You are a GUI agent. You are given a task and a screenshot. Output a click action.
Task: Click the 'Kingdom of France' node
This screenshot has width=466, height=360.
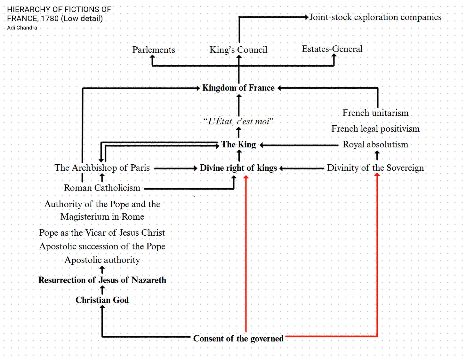[x=238, y=88]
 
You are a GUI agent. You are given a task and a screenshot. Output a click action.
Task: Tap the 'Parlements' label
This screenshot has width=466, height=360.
[x=154, y=50]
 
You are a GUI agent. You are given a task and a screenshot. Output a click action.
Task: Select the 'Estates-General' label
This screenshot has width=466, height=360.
[x=332, y=49]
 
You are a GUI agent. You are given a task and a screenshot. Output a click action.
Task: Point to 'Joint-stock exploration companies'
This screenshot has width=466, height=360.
[x=375, y=17]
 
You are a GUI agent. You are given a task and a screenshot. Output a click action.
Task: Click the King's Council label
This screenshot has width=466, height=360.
[x=238, y=50]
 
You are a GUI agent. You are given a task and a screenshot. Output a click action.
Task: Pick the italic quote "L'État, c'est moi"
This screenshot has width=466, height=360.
[x=238, y=121]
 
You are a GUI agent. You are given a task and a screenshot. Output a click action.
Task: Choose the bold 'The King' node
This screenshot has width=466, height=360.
[x=238, y=145]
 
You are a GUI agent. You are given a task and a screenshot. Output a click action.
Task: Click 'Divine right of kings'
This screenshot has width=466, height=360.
[x=238, y=168]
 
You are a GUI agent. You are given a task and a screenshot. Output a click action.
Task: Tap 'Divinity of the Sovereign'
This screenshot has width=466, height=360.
[x=375, y=168]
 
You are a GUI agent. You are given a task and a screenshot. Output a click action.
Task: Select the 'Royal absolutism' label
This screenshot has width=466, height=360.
[x=375, y=145]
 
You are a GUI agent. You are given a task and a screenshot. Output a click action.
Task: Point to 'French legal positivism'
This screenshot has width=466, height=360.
[x=375, y=129]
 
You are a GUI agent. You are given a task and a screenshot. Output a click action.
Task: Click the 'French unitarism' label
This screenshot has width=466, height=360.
[x=375, y=113]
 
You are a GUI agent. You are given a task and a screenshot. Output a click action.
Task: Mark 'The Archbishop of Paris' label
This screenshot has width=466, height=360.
[x=102, y=168]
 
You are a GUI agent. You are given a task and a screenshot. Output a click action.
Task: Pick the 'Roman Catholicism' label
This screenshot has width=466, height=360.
[x=102, y=188]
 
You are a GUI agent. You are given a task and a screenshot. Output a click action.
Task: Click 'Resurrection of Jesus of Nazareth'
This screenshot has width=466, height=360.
[x=102, y=280]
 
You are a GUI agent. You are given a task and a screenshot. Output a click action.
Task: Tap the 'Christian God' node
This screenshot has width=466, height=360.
[x=102, y=300]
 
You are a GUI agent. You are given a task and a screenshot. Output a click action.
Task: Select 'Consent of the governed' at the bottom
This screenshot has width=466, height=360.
[x=238, y=339]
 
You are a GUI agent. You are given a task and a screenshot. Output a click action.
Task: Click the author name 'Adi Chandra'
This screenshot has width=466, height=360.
[x=22, y=28]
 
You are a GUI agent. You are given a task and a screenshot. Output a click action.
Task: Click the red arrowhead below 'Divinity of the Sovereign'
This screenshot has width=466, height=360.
[x=377, y=175]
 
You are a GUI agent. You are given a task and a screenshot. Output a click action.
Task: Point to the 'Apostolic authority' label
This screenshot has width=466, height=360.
[x=102, y=260]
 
